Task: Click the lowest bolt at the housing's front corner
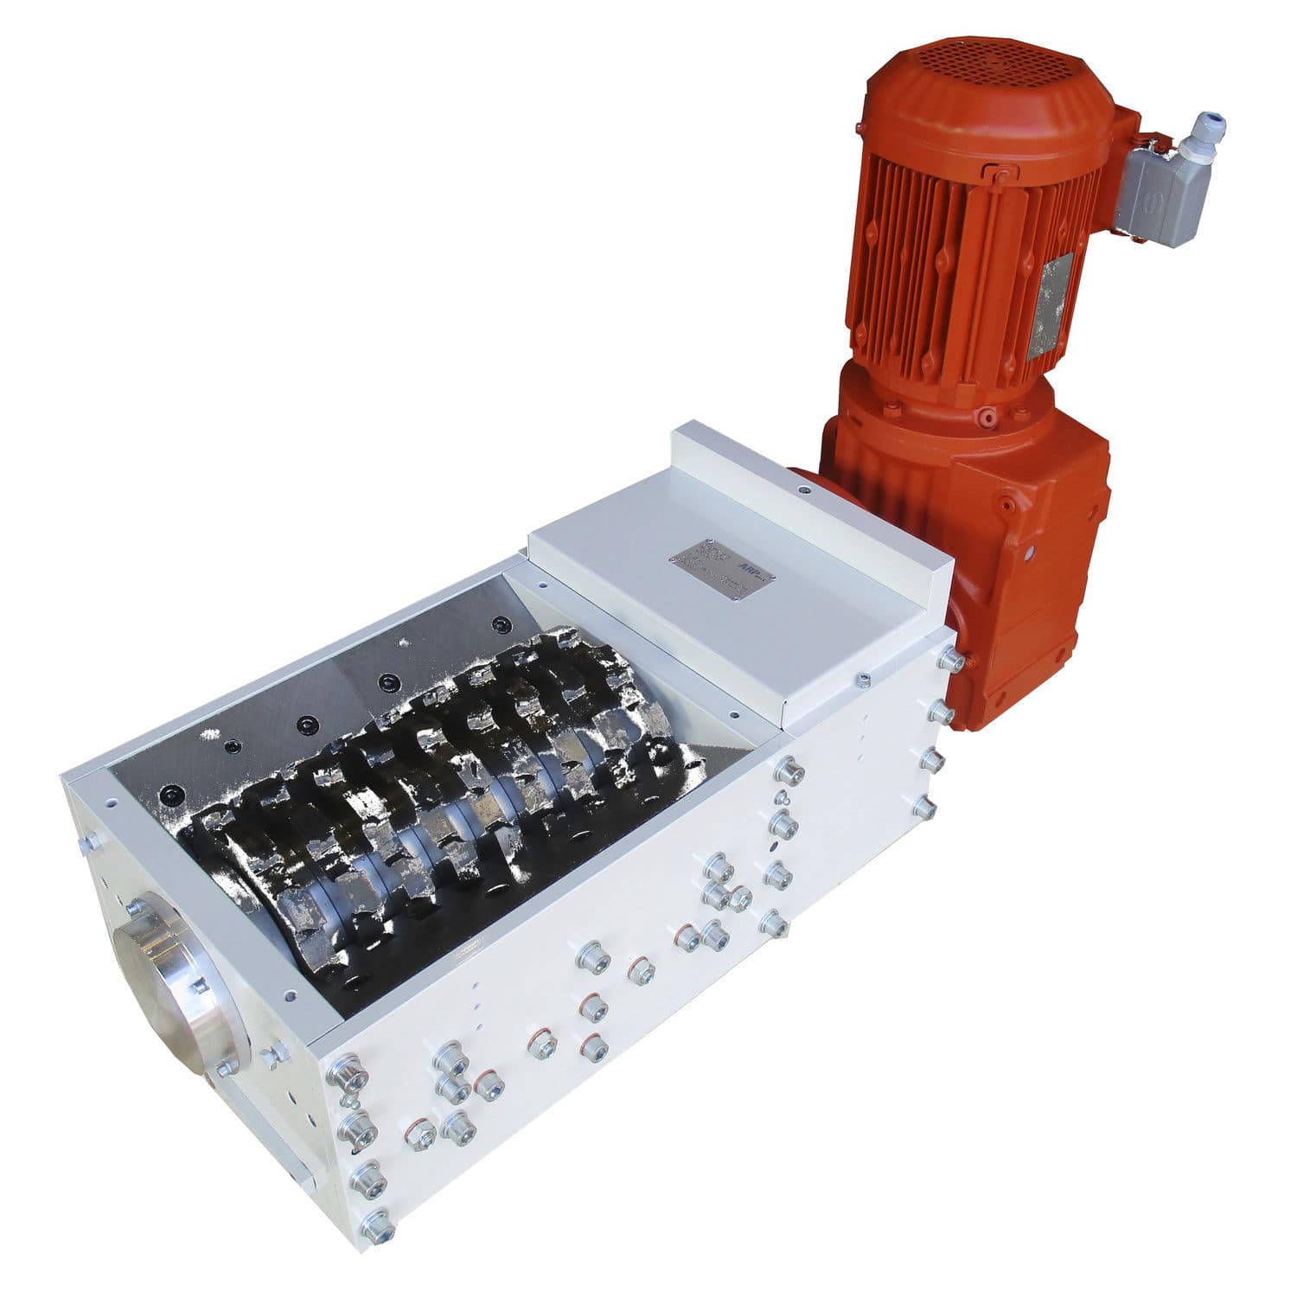[377, 1224]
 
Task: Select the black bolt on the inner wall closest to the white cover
[500, 624]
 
